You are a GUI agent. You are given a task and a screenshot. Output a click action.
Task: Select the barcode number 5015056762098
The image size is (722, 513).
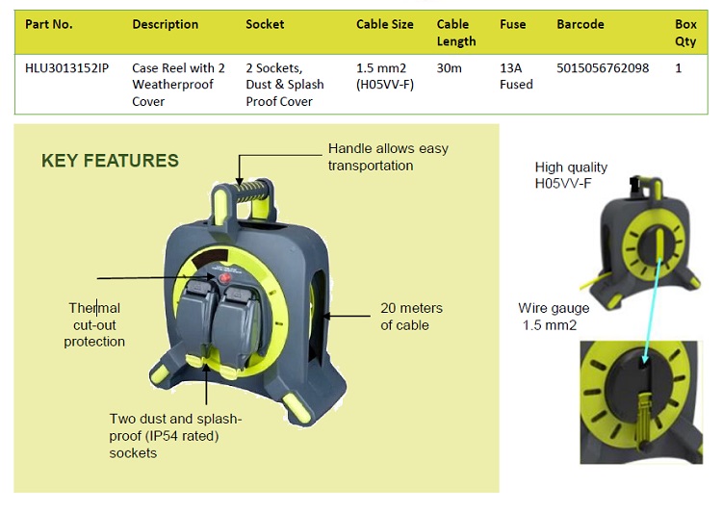point(603,68)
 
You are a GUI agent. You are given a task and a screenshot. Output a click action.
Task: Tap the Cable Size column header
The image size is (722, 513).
point(384,24)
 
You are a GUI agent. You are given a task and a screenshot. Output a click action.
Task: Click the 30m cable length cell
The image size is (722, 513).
point(449,68)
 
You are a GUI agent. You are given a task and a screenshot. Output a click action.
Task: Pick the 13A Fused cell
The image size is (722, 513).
point(516,76)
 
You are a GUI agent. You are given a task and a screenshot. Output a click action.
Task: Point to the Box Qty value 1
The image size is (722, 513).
point(679,68)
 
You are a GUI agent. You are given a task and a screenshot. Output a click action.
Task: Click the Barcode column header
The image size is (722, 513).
point(580,24)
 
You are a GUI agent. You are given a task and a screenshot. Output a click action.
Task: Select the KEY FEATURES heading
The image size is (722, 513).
point(110,161)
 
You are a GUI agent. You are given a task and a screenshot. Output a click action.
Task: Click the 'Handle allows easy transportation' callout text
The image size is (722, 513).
point(388,157)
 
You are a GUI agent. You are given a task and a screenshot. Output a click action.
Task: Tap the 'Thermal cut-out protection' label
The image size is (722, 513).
point(94,324)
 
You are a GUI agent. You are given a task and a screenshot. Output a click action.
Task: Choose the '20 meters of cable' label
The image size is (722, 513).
point(411,316)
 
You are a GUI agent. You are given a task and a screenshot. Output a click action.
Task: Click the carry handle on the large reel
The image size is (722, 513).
point(241,188)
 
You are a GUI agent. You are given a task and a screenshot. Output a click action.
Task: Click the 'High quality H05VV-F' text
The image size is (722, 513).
point(571,174)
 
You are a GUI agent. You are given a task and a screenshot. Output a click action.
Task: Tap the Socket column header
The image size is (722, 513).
point(265,24)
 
